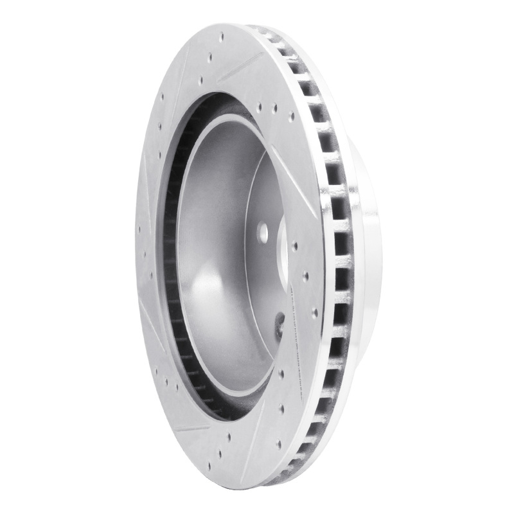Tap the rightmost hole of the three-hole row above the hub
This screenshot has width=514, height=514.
[291, 117]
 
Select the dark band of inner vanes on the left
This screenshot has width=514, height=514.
[170, 257]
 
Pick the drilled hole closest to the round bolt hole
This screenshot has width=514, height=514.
[294, 245]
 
